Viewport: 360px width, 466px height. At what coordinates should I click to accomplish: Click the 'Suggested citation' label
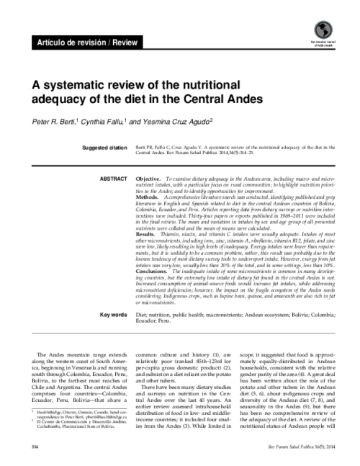coord(104,148)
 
